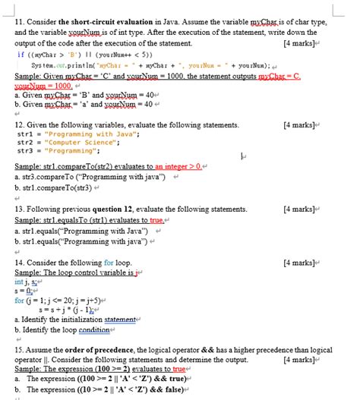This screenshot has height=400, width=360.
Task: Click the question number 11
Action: coord(20,24)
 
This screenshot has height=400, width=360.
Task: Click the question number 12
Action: coord(21,123)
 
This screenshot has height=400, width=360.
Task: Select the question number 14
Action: coord(21,263)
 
